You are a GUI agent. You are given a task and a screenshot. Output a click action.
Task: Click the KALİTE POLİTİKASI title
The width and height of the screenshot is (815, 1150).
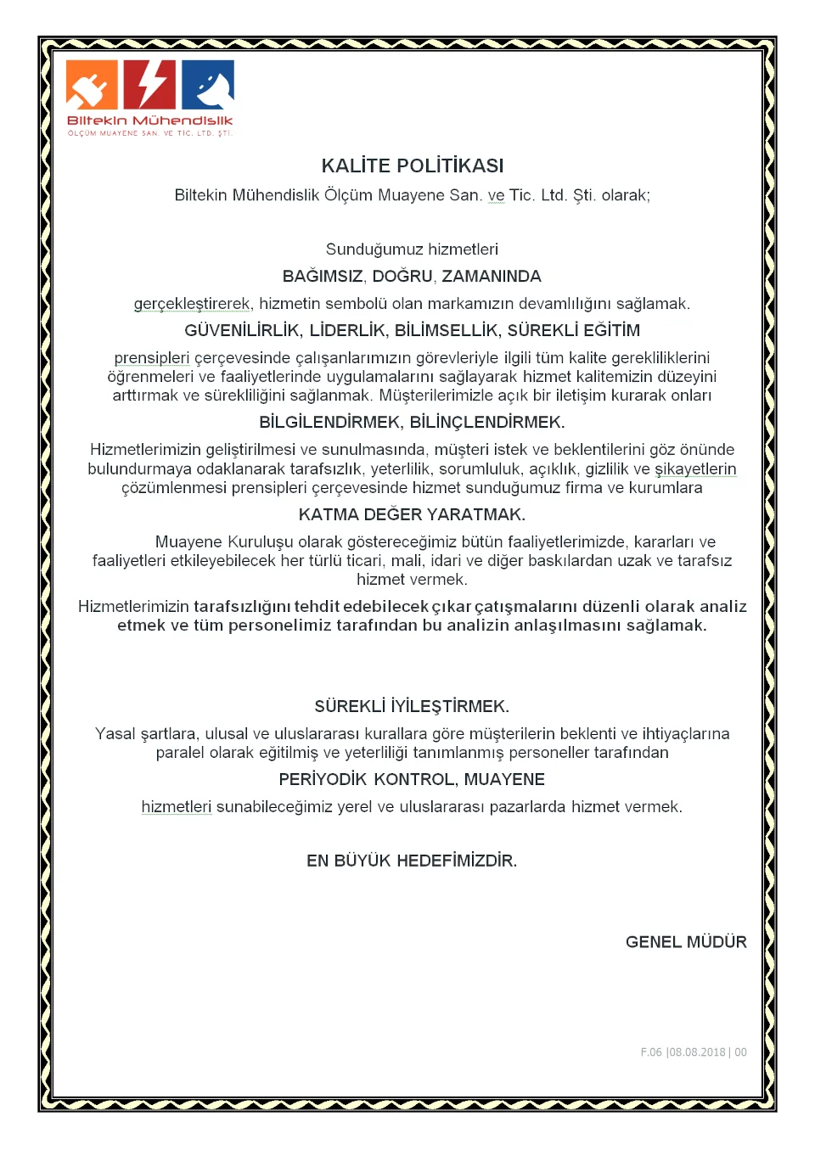(x=412, y=165)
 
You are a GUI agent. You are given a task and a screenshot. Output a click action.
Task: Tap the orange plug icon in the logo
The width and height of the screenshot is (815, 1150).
(x=92, y=85)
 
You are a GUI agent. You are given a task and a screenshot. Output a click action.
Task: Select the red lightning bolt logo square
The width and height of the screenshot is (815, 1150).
(x=149, y=85)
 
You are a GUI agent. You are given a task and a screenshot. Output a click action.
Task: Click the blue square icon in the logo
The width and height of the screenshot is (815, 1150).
(x=208, y=85)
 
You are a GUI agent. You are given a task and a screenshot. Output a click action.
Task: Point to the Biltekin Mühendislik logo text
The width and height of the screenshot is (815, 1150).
(x=149, y=121)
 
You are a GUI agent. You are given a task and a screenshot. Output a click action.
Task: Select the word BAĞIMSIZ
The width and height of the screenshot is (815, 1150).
(x=323, y=277)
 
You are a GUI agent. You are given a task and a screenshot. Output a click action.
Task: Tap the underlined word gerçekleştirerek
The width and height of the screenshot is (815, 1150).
(x=193, y=304)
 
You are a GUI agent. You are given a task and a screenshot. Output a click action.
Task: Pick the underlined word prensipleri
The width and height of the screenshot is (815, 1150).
(x=152, y=358)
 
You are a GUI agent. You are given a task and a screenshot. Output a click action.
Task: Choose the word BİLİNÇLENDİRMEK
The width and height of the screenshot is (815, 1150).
(x=487, y=423)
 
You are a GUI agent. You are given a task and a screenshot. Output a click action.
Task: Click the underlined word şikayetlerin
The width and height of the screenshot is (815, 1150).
(x=695, y=469)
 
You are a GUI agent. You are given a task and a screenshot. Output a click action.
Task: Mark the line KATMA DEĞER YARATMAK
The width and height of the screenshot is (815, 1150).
(x=412, y=515)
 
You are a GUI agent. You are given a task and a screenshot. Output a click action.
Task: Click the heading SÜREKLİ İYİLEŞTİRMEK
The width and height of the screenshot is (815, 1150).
(x=412, y=707)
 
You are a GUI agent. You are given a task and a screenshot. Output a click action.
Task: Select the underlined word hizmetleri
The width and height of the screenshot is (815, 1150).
(x=177, y=807)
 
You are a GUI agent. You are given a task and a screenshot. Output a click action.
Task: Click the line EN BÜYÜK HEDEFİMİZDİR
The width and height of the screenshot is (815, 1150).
(x=412, y=861)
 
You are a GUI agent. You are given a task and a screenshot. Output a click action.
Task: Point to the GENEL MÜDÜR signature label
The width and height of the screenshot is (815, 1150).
(x=686, y=942)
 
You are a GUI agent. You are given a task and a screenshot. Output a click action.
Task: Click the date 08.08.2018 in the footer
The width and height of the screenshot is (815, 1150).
(x=697, y=1052)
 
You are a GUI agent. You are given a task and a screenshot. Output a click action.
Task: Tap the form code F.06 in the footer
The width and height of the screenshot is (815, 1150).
(x=651, y=1052)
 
